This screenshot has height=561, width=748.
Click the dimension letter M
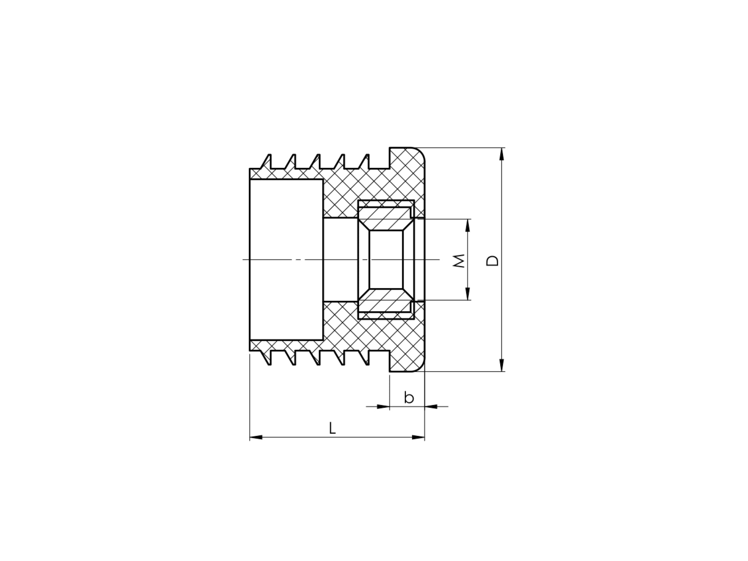click(x=460, y=261)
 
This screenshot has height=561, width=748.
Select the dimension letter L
click(x=332, y=428)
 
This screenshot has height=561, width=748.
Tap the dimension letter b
click(x=409, y=398)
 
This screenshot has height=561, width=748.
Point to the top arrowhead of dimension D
click(x=502, y=154)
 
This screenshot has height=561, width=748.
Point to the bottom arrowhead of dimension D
click(x=502, y=365)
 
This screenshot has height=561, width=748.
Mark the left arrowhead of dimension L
click(x=256, y=438)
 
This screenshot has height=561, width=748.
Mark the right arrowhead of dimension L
click(x=418, y=438)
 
